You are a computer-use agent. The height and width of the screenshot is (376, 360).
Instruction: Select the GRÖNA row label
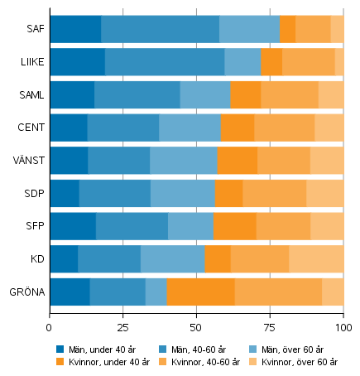(26, 292)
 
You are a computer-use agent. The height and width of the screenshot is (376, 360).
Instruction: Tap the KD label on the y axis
(36, 259)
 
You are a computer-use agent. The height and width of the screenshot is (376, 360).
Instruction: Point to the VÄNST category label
(28, 161)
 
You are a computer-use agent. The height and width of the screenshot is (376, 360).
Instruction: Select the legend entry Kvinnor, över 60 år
(300, 362)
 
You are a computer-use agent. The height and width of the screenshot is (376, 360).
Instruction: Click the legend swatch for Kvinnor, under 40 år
(60, 362)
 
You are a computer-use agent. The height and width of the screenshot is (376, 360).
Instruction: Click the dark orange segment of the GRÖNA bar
(200, 292)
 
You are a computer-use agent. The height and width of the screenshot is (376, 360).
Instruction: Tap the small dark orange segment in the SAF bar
(287, 29)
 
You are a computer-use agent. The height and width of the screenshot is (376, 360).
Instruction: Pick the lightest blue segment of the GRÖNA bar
(156, 292)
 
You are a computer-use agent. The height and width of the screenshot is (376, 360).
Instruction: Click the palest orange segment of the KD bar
(316, 259)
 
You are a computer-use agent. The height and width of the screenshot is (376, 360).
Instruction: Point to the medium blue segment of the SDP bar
(114, 194)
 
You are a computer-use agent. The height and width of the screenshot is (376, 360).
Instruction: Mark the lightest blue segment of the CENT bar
(190, 128)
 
